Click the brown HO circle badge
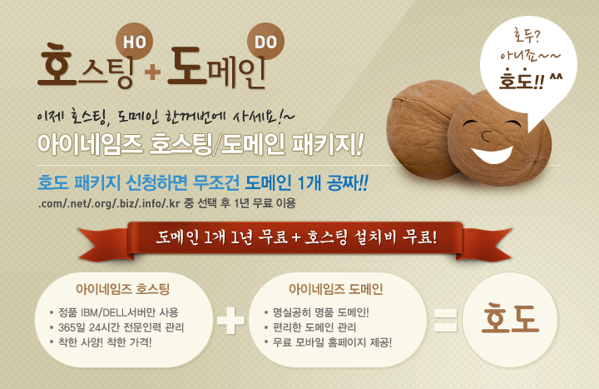click(134, 42)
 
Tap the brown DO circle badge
click(265, 42)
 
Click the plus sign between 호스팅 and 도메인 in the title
click(152, 71)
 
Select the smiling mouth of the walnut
click(492, 154)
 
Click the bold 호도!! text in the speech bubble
click(522, 79)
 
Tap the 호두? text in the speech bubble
click(527, 36)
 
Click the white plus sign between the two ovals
click(230, 320)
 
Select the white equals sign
click(445, 320)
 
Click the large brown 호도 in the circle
click(510, 318)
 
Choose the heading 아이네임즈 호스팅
click(122, 289)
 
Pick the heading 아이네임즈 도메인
click(336, 289)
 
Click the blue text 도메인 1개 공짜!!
click(306, 182)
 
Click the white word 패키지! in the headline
click(327, 144)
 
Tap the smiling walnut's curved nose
click(486, 136)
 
